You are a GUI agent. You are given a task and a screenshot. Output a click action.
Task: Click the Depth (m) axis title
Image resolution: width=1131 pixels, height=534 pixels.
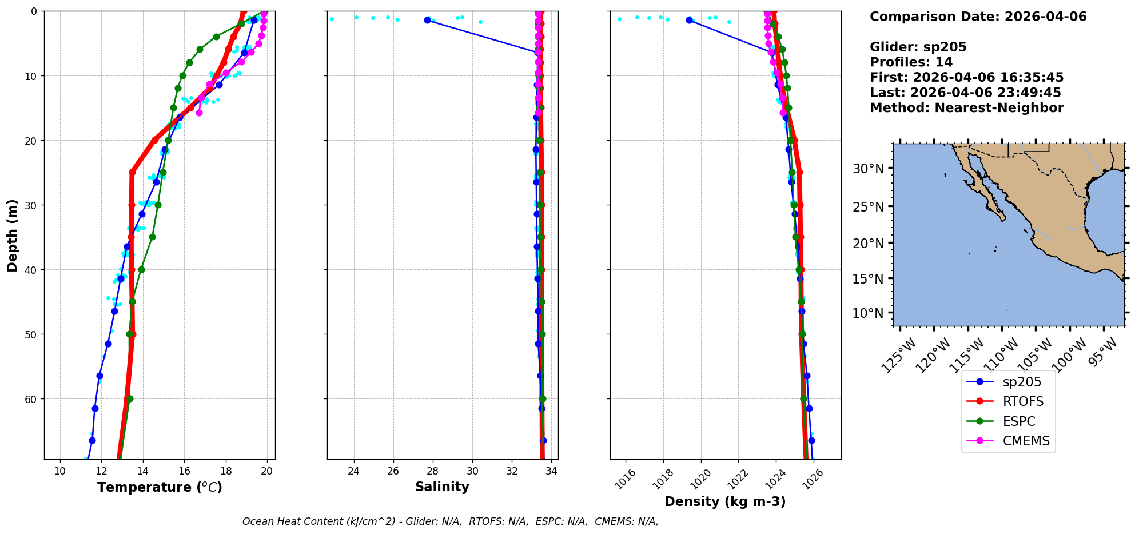(13, 235)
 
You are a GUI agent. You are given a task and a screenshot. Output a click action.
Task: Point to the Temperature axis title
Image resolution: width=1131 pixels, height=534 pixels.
(160, 487)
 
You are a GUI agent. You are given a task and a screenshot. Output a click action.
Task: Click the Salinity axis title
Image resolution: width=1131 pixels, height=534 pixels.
(442, 487)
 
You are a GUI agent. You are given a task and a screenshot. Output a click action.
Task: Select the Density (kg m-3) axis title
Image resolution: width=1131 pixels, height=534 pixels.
(725, 501)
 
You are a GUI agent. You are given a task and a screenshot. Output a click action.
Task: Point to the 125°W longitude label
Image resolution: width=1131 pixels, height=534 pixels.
(899, 355)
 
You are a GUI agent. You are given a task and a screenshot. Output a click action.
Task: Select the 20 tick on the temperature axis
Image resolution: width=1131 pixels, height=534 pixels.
(267, 471)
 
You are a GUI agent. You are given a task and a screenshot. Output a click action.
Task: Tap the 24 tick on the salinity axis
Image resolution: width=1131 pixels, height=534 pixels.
(354, 471)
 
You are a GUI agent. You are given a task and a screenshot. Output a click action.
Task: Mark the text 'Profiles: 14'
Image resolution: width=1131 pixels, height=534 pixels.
(911, 62)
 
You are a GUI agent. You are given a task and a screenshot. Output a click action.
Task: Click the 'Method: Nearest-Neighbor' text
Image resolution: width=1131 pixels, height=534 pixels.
(966, 108)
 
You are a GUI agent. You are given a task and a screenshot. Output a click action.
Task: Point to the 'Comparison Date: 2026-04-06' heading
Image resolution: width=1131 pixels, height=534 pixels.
(978, 17)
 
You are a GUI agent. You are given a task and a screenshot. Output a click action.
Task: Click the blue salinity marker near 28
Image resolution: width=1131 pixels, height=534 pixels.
(427, 20)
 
